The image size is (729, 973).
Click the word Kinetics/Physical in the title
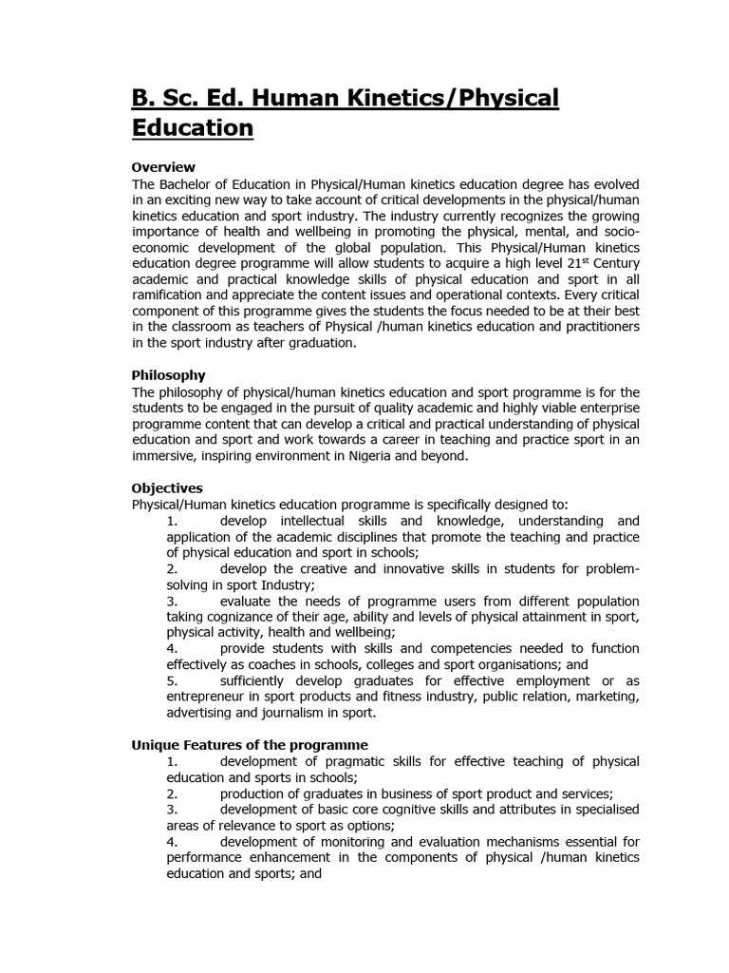click(x=454, y=98)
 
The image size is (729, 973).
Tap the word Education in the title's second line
click(x=192, y=127)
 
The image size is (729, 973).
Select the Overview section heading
click(x=162, y=167)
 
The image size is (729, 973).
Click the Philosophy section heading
click(x=168, y=375)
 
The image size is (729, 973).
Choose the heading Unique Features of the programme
click(x=249, y=745)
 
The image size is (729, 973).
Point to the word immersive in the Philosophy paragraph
click(x=162, y=455)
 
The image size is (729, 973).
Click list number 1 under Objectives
click(x=172, y=521)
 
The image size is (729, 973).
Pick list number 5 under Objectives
click(x=172, y=680)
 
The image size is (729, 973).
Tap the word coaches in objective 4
click(x=270, y=664)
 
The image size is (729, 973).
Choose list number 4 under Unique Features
click(x=172, y=841)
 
